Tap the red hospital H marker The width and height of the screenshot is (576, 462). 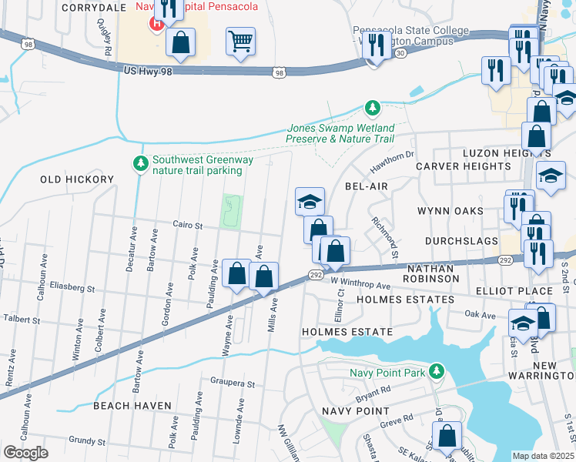157,22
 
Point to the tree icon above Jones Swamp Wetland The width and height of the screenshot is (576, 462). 373,107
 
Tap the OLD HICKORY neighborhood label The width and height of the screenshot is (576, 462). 77,179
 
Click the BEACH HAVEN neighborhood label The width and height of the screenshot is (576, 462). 127,405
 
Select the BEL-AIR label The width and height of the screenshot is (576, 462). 364,187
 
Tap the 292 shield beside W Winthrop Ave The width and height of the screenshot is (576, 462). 316,274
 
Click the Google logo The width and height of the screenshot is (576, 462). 25,453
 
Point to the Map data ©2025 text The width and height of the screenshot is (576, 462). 543,456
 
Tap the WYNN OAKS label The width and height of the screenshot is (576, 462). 450,210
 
